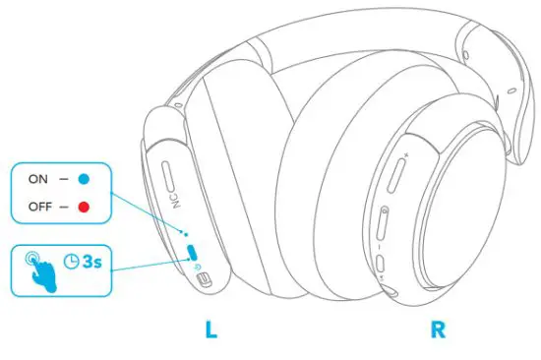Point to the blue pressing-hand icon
(39, 268)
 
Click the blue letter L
(210, 329)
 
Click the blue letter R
(438, 329)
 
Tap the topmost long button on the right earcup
(396, 176)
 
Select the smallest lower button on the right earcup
(381, 264)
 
